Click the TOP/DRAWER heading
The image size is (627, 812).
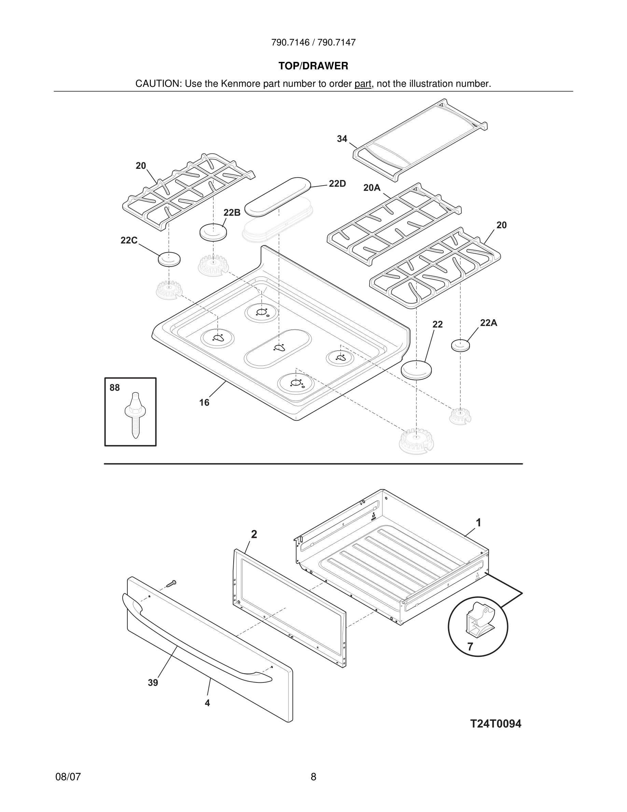coord(313,66)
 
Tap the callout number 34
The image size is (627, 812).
coord(342,139)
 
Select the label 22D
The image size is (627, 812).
coord(337,184)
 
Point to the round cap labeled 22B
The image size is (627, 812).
coord(213,232)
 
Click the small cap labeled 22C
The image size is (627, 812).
coord(169,259)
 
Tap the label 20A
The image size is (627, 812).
coord(372,188)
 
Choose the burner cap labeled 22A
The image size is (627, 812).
coord(460,346)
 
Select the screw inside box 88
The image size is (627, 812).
coord(135,415)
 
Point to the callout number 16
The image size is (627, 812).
coord(204,402)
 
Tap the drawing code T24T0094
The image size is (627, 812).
coord(496,723)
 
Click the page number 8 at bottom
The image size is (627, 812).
coord(313,777)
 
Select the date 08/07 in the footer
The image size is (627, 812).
coord(68,777)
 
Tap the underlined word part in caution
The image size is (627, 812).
coord(363,84)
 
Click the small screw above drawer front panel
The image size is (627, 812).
coord(171,584)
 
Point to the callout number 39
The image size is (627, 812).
coord(153,682)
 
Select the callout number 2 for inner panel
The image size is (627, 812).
coord(254,534)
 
